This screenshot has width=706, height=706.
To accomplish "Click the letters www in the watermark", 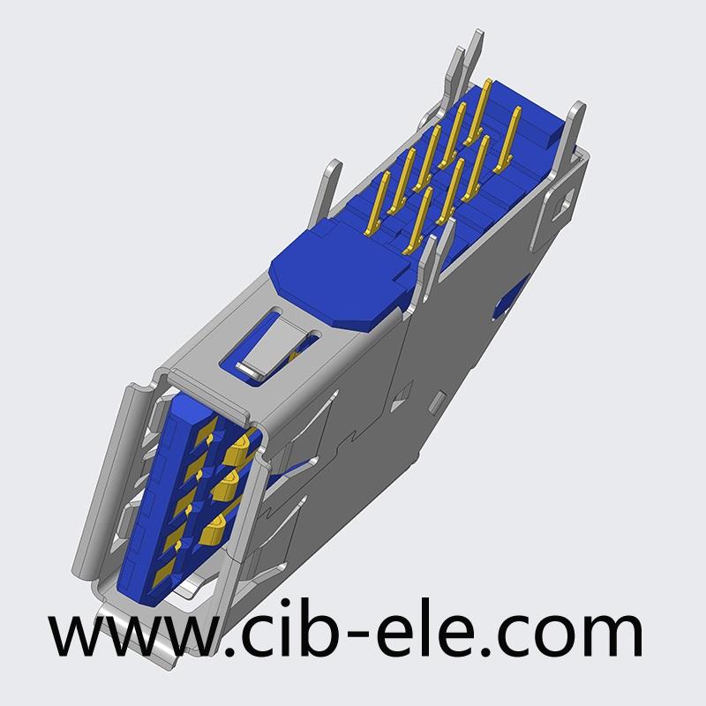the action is pos(134,635).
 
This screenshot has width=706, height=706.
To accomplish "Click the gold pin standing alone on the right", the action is pos(507,139).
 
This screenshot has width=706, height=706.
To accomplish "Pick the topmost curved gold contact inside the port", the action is pos(238,447).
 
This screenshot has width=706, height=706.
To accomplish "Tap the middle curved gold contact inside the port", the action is pos(224,486).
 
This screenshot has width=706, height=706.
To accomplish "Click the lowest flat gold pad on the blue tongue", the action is pos(163,575).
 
